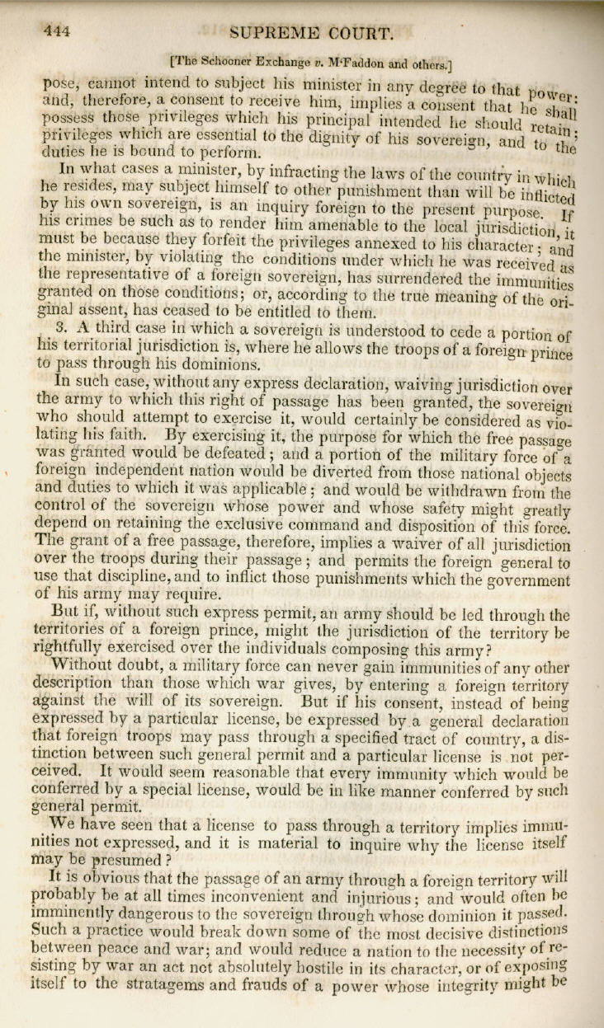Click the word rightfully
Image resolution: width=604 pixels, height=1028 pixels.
(x=82, y=649)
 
